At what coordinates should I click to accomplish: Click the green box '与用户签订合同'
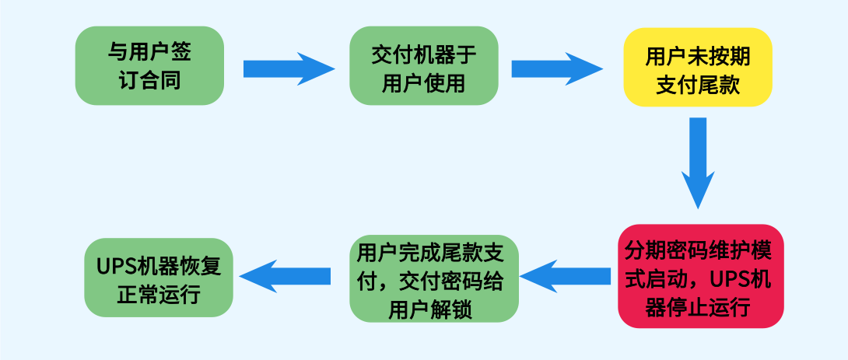[x=149, y=66]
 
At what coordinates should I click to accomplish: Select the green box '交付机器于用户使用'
[x=423, y=66]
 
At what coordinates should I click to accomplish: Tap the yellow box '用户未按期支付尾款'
[x=697, y=68]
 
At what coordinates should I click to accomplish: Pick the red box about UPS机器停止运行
[x=700, y=277]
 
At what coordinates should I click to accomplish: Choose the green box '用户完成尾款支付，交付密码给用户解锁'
[x=434, y=278]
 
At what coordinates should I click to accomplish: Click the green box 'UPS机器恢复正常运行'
[x=159, y=278]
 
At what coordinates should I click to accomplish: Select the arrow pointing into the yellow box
[x=557, y=68]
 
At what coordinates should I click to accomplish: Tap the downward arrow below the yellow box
[x=698, y=163]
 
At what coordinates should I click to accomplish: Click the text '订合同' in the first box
[x=150, y=79]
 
